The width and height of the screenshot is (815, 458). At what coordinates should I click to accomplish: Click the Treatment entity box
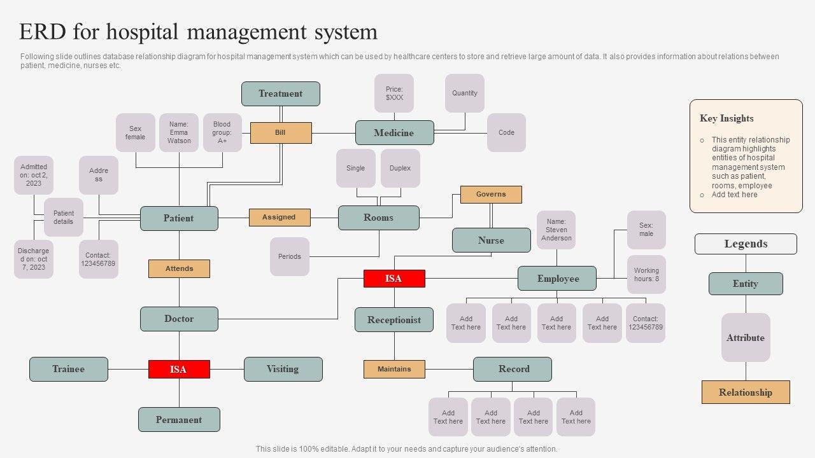tap(281, 94)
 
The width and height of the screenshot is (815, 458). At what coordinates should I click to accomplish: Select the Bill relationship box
tap(281, 133)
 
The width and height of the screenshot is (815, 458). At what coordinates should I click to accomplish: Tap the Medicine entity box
tap(394, 133)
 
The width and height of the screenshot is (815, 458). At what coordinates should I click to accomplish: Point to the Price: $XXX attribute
tap(394, 94)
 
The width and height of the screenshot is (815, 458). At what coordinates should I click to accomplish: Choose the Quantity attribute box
tap(465, 94)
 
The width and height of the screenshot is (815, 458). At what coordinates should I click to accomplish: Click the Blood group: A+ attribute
tap(222, 132)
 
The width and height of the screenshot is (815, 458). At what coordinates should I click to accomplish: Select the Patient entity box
tap(179, 218)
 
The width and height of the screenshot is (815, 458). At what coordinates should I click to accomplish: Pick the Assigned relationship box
tap(280, 218)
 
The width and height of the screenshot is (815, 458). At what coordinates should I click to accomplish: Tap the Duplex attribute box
tap(400, 169)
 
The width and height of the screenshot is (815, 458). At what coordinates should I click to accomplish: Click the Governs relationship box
tap(491, 195)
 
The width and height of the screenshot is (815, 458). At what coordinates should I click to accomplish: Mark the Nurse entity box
tap(491, 240)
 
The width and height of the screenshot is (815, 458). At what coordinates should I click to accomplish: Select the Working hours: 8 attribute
tap(646, 274)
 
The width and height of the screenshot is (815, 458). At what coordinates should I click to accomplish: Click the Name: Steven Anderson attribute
tap(556, 230)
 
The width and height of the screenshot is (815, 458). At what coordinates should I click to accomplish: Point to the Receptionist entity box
tap(394, 320)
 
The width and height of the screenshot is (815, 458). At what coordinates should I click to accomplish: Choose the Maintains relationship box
tap(394, 369)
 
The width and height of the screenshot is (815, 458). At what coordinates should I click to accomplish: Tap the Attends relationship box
tap(179, 269)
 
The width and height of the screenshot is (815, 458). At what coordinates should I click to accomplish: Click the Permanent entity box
tap(179, 420)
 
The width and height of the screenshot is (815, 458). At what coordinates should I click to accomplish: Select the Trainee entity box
tap(69, 369)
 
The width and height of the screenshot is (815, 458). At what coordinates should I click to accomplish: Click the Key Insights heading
tap(726, 118)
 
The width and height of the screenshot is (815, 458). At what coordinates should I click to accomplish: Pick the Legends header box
tap(746, 244)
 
